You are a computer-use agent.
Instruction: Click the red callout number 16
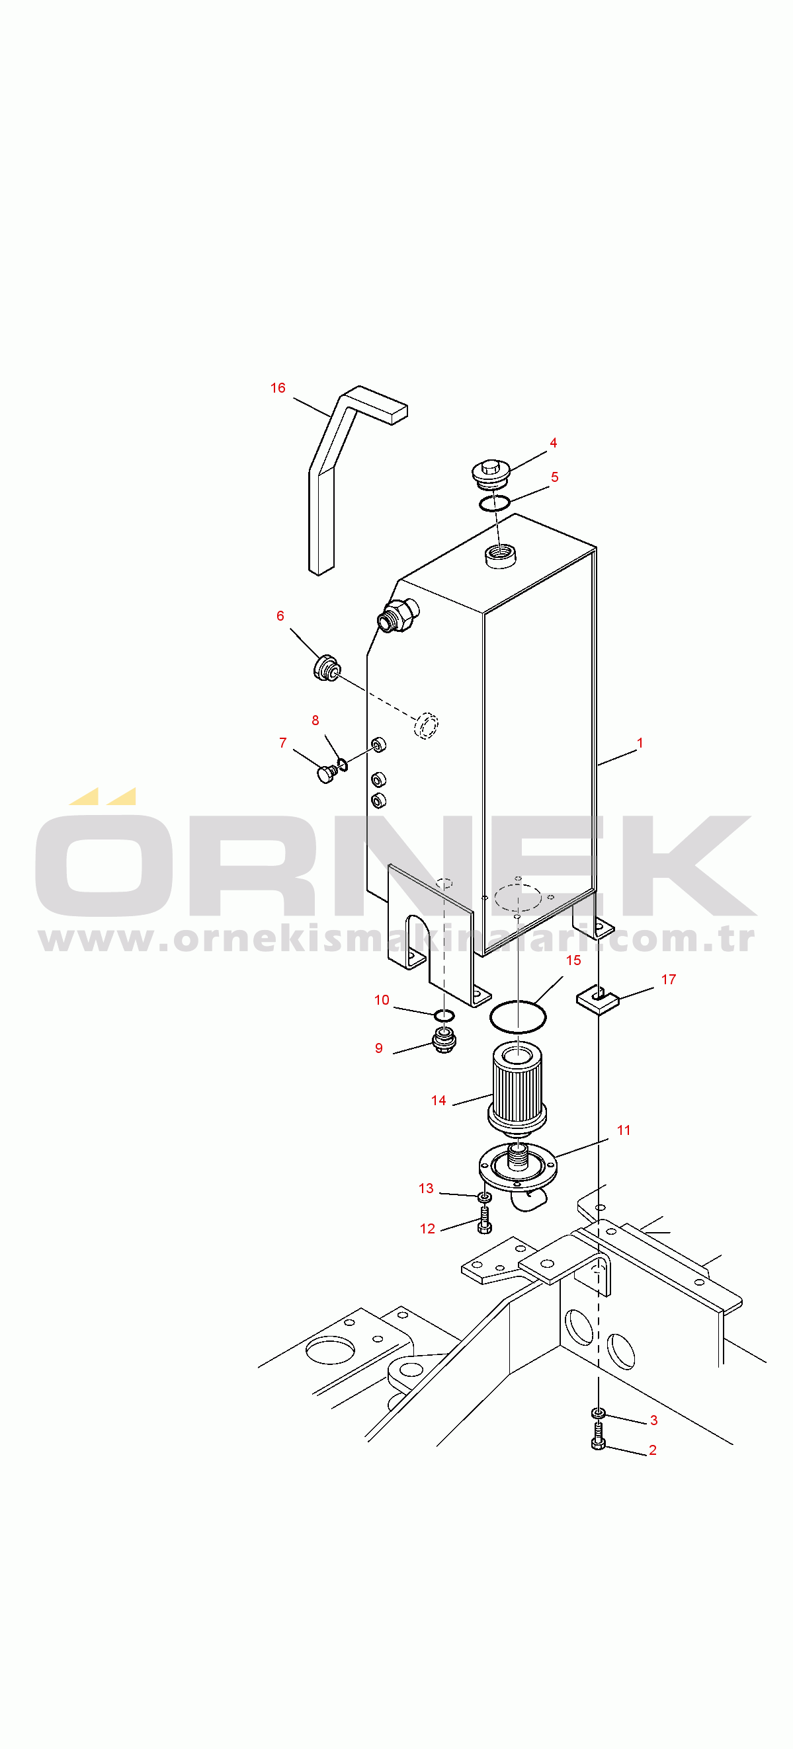tap(278, 388)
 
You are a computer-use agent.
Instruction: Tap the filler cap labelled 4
tap(491, 473)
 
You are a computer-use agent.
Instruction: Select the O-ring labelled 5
tap(494, 503)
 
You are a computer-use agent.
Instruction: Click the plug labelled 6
tap(327, 668)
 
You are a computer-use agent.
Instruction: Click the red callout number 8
tap(315, 720)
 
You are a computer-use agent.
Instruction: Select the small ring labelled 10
tap(444, 1015)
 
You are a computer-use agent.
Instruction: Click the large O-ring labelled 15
tap(518, 1017)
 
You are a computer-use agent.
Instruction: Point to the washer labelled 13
tap(485, 1196)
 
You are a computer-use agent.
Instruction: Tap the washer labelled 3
tap(598, 1413)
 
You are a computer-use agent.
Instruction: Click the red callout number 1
tap(640, 743)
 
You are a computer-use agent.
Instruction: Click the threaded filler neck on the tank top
tap(500, 555)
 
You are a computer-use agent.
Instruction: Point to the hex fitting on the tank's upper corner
tap(398, 615)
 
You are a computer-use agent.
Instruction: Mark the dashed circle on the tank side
tap(426, 725)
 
